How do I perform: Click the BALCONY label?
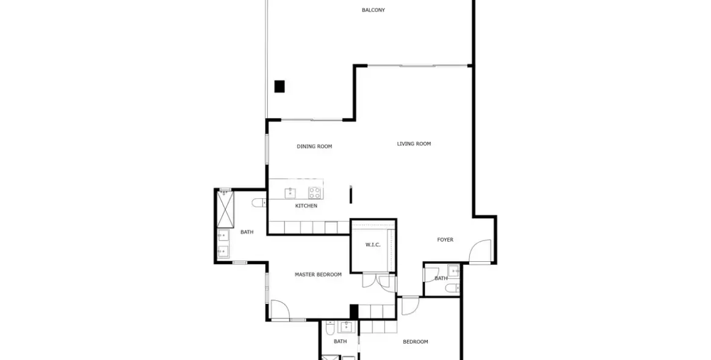click(x=373, y=10)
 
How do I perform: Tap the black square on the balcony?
click(x=280, y=87)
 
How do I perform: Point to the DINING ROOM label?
click(x=314, y=146)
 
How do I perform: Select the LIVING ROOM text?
click(x=414, y=144)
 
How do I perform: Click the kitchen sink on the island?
click(x=291, y=193)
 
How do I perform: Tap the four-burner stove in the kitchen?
click(x=314, y=193)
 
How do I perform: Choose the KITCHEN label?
click(x=306, y=206)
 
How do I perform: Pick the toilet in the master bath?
click(x=258, y=203)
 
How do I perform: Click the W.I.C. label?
click(x=373, y=245)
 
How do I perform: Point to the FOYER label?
click(x=445, y=240)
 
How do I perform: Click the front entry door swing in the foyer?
click(x=480, y=251)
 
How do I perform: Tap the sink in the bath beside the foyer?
click(x=453, y=272)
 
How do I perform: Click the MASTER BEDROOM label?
click(x=318, y=275)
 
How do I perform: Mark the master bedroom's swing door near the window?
click(x=280, y=309)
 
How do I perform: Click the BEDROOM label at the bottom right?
click(x=415, y=342)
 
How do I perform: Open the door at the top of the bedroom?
click(x=410, y=304)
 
